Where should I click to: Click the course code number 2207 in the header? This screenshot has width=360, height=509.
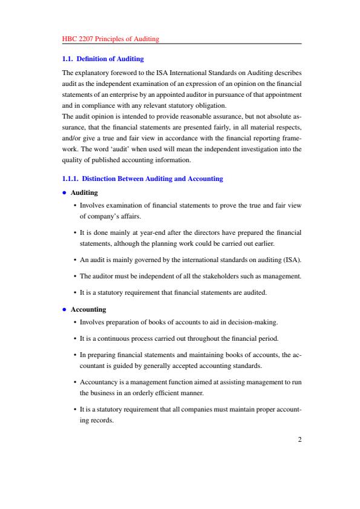(85, 39)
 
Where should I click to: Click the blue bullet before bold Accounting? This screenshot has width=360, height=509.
(65, 309)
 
